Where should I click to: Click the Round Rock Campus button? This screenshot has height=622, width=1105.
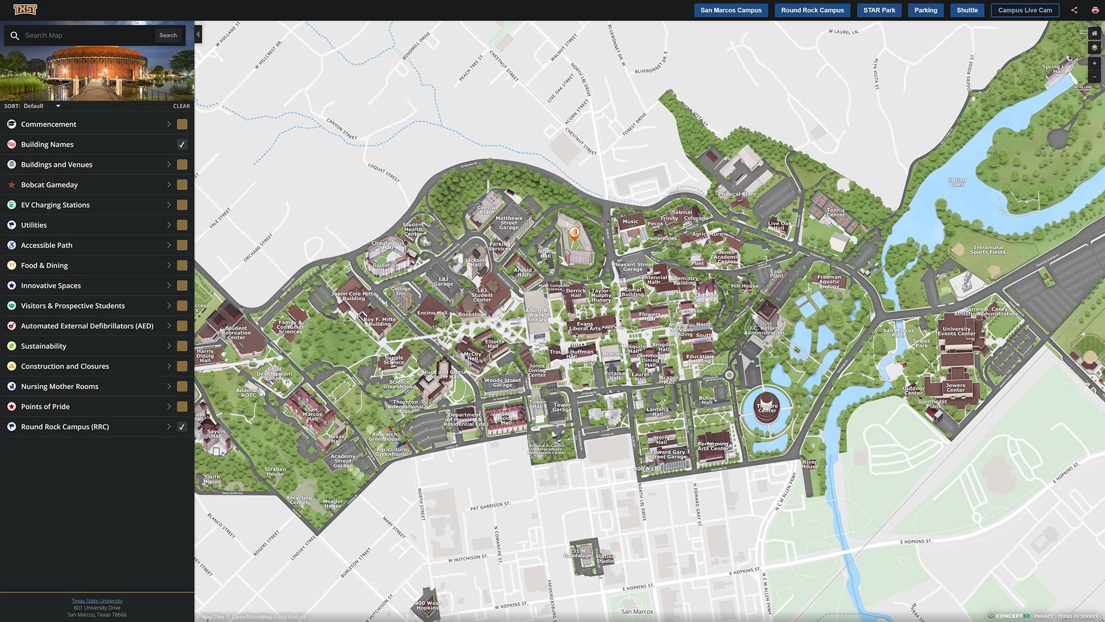pos(812,10)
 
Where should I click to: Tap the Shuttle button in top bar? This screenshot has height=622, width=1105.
pos(967,10)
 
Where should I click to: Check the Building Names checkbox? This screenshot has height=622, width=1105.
pos(182,145)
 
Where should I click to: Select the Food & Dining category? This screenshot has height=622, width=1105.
pos(44,266)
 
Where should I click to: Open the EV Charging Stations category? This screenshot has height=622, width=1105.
pos(55,205)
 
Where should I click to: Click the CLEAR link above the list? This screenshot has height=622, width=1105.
pos(181,106)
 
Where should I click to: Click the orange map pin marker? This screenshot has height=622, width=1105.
pos(574,233)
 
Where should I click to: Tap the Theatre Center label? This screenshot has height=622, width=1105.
pos(767,408)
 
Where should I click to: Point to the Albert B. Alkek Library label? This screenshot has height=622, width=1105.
pos(537,315)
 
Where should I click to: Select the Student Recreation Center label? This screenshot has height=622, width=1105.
pos(236,332)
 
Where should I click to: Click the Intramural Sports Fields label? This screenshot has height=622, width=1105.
pos(988,249)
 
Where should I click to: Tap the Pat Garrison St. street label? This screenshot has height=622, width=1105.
pos(490,506)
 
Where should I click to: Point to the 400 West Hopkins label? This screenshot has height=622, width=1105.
pos(428,605)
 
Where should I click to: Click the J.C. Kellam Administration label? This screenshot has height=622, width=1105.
pos(764,330)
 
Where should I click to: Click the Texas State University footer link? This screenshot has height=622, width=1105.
pos(97,601)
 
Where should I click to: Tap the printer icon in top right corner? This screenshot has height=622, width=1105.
pos(1095,10)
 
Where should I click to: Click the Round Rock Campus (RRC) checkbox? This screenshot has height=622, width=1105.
pos(182,427)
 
